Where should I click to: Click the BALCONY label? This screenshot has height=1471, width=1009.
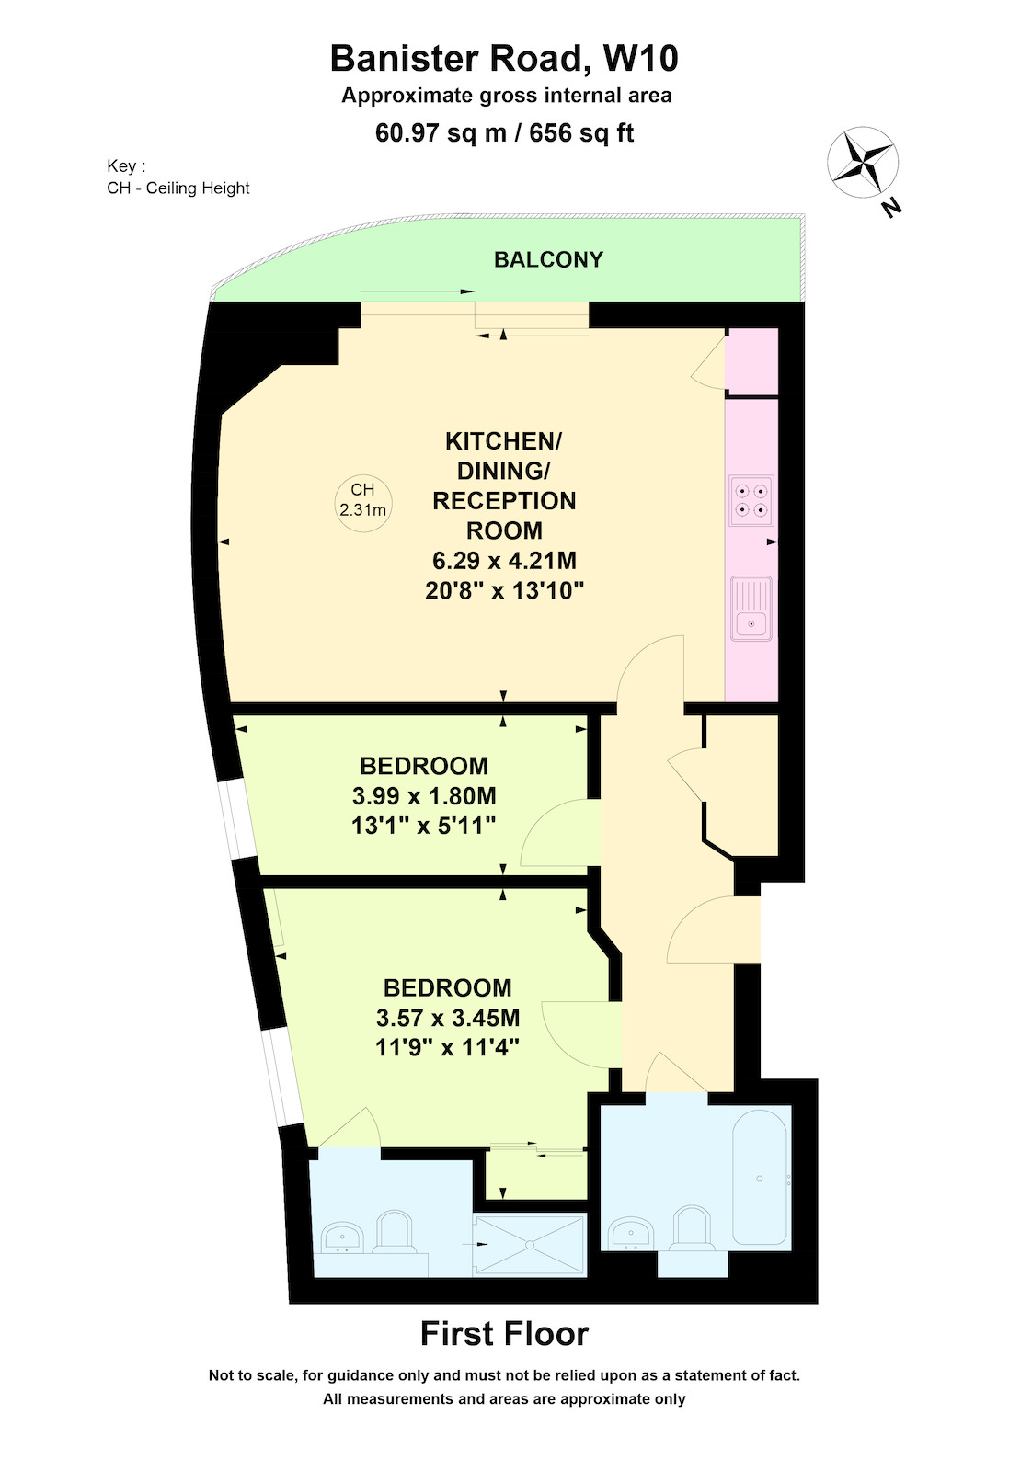click(x=548, y=259)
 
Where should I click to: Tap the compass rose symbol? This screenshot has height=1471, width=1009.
click(x=862, y=162)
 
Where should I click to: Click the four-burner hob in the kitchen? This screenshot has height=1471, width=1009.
click(x=751, y=500)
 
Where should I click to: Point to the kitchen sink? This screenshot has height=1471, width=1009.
click(x=751, y=609)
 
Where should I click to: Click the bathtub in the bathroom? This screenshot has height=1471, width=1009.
click(x=760, y=1178)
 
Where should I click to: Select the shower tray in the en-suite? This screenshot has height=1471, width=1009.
click(x=529, y=1245)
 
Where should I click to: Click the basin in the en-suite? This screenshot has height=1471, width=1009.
click(x=342, y=1237)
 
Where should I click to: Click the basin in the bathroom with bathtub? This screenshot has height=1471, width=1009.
click(x=631, y=1234)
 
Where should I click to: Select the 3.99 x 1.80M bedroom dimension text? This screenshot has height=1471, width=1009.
click(x=424, y=796)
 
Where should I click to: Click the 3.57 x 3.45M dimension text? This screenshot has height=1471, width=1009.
click(x=448, y=1018)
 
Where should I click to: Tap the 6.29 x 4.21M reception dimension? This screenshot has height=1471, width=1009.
click(x=504, y=561)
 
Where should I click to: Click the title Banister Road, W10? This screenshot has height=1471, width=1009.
click(x=504, y=58)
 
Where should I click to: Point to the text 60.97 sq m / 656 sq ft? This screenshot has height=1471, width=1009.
click(x=504, y=132)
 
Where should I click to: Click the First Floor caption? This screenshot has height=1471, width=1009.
click(x=504, y=1334)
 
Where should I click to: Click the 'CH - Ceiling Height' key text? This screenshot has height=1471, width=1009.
click(x=178, y=188)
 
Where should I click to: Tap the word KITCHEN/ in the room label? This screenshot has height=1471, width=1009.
click(x=503, y=441)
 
